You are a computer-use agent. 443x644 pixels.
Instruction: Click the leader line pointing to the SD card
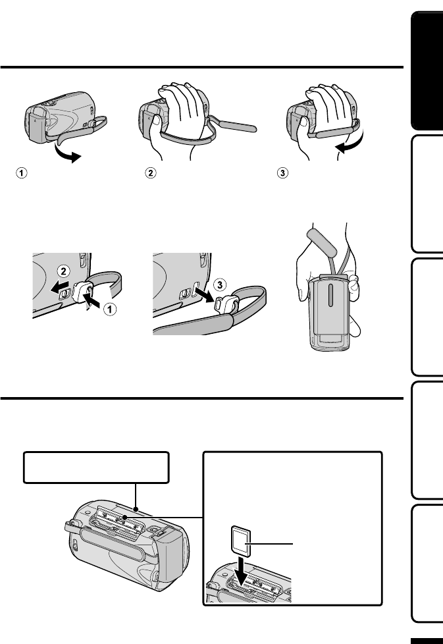click(x=276, y=544)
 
